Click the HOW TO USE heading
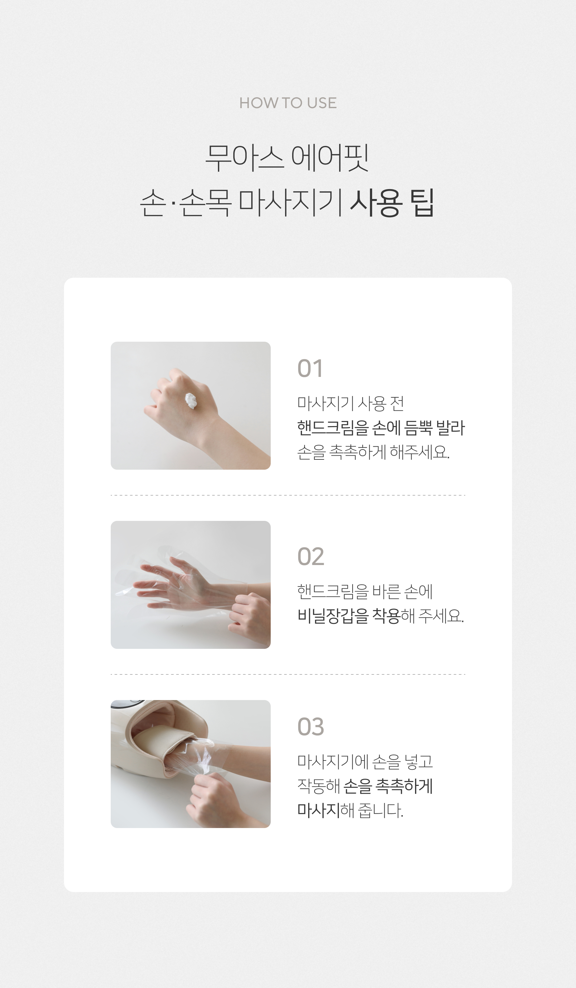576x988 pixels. point(288,103)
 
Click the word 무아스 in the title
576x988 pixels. point(244,158)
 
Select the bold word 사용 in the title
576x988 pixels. point(376,203)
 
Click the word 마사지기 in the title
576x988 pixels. point(291,203)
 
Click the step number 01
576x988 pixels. point(310,369)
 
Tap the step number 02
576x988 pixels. point(310,557)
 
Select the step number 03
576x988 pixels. point(310,727)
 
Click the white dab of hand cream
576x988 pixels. point(192,401)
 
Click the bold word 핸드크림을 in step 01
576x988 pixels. point(333,428)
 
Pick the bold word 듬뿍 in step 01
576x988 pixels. point(418,428)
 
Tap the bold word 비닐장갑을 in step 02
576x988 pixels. point(333,616)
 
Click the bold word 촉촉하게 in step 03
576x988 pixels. point(404,786)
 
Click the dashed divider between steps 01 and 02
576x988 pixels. point(288,495)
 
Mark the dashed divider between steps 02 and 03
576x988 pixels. point(288,674)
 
